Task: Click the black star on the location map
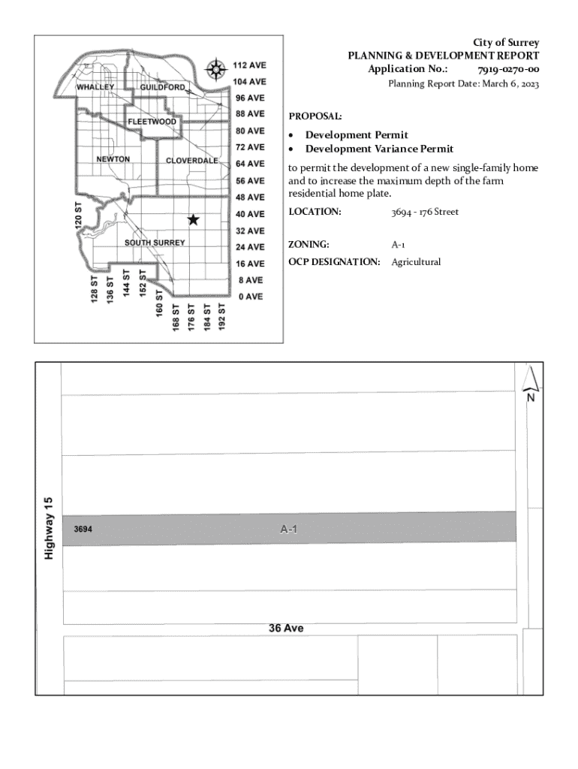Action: click(193, 219)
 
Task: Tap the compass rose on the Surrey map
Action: click(216, 70)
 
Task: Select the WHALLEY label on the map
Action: click(96, 87)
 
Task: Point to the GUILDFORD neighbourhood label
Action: click(162, 87)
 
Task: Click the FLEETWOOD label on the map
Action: click(152, 122)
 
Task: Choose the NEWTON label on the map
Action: click(113, 159)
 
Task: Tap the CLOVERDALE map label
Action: click(192, 161)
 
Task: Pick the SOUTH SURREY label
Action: click(155, 243)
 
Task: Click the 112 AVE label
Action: click(248, 65)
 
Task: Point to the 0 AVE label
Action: click(250, 297)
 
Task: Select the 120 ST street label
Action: click(78, 216)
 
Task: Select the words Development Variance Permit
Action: click(379, 149)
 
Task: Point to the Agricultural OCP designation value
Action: click(416, 262)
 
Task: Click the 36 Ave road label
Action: click(286, 628)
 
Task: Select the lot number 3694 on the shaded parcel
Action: click(83, 529)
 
